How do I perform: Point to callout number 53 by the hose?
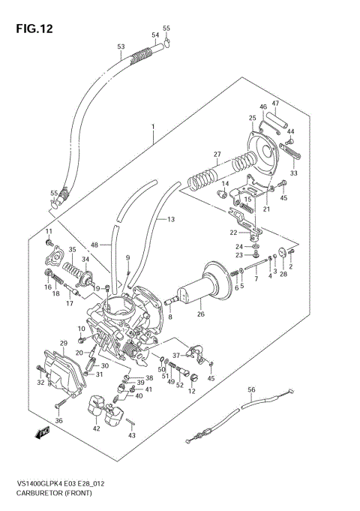point(121,47)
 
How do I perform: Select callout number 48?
point(94,245)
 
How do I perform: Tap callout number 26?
point(200,314)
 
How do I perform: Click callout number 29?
point(64,343)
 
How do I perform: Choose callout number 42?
point(95,428)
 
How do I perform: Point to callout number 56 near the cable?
point(252,389)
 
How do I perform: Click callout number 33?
point(294,173)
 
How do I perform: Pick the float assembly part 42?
point(106,413)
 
